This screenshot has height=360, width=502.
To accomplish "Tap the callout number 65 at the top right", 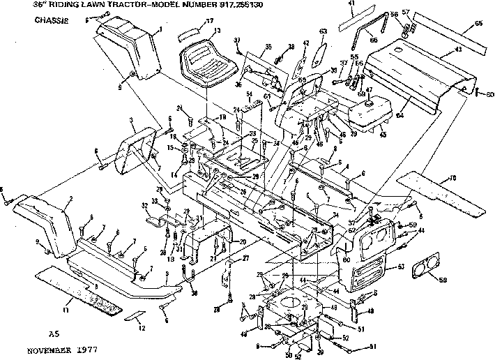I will [478, 24].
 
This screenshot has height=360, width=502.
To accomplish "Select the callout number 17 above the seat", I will [209, 22].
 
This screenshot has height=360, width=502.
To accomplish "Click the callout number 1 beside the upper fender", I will [161, 29].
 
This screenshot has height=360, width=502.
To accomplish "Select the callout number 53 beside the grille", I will [400, 267].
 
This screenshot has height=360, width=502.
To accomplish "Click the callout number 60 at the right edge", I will [491, 94].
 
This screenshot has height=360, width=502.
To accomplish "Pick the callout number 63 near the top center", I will [324, 31].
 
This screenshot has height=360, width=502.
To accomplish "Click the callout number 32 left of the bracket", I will [145, 207].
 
